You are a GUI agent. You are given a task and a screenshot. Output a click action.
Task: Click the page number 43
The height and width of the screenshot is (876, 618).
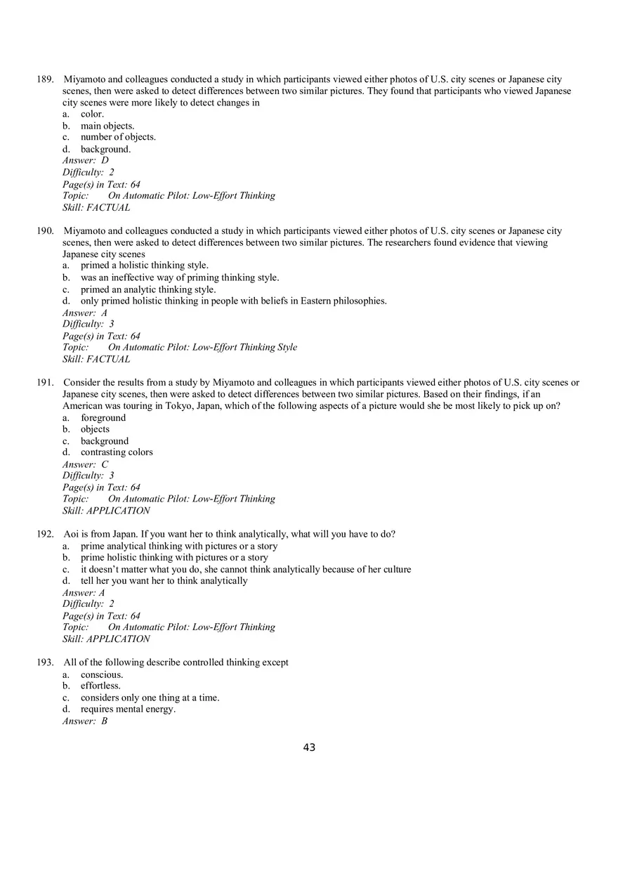pos(309,747)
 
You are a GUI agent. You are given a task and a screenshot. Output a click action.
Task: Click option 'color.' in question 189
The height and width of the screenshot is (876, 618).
pos(92,114)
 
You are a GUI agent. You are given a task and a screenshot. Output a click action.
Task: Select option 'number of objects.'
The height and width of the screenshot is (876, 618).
pos(118,137)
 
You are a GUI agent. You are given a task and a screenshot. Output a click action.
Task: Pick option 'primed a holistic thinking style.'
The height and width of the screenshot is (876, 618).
pos(144,266)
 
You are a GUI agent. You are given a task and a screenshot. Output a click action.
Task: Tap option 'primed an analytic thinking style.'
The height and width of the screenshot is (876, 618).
pos(148,289)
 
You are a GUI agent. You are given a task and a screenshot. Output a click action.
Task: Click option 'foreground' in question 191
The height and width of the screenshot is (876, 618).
pos(103,418)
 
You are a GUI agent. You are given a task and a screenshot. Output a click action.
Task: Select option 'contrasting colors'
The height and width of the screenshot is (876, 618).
pos(117,452)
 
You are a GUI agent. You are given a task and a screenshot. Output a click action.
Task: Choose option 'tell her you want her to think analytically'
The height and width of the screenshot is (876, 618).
pos(164,581)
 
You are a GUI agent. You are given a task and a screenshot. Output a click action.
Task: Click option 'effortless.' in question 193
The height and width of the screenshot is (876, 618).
pos(100,686)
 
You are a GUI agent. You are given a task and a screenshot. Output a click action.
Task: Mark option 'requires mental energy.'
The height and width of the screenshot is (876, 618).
pos(128,709)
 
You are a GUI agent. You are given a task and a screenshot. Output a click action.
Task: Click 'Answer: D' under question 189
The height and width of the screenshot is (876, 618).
pos(86,160)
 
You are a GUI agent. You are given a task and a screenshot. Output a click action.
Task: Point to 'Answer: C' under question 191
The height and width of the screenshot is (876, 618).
pos(86,464)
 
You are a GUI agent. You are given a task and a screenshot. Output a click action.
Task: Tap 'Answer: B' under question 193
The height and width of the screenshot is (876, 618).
pos(85,721)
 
